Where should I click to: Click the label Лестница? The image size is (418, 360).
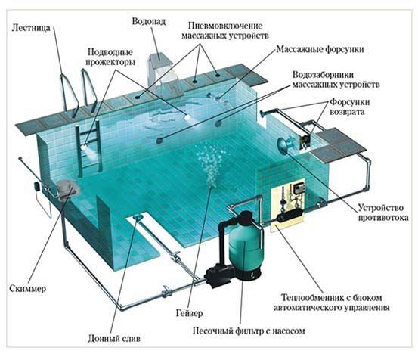(x=31, y=28)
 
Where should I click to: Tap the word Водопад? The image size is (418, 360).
(x=149, y=21)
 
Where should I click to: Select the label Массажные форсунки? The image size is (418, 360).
(x=320, y=49)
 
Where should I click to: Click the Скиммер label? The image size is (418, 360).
(x=28, y=289)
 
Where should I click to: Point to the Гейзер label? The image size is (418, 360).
(x=189, y=313)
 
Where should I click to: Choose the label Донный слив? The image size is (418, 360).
(x=114, y=339)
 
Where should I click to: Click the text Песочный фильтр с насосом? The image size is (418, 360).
(x=249, y=331)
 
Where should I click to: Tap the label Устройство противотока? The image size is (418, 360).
(x=383, y=213)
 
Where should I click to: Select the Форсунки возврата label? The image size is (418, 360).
(x=349, y=107)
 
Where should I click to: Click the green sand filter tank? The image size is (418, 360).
(x=245, y=245)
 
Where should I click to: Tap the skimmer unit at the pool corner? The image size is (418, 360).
(x=67, y=189)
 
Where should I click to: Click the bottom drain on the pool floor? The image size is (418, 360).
(x=138, y=217)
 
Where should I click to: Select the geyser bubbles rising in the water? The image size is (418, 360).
(x=212, y=166)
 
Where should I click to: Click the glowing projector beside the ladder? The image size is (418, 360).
(x=85, y=147)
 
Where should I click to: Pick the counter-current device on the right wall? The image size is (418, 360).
(x=284, y=144)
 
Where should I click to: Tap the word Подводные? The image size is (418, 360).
(x=110, y=52)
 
